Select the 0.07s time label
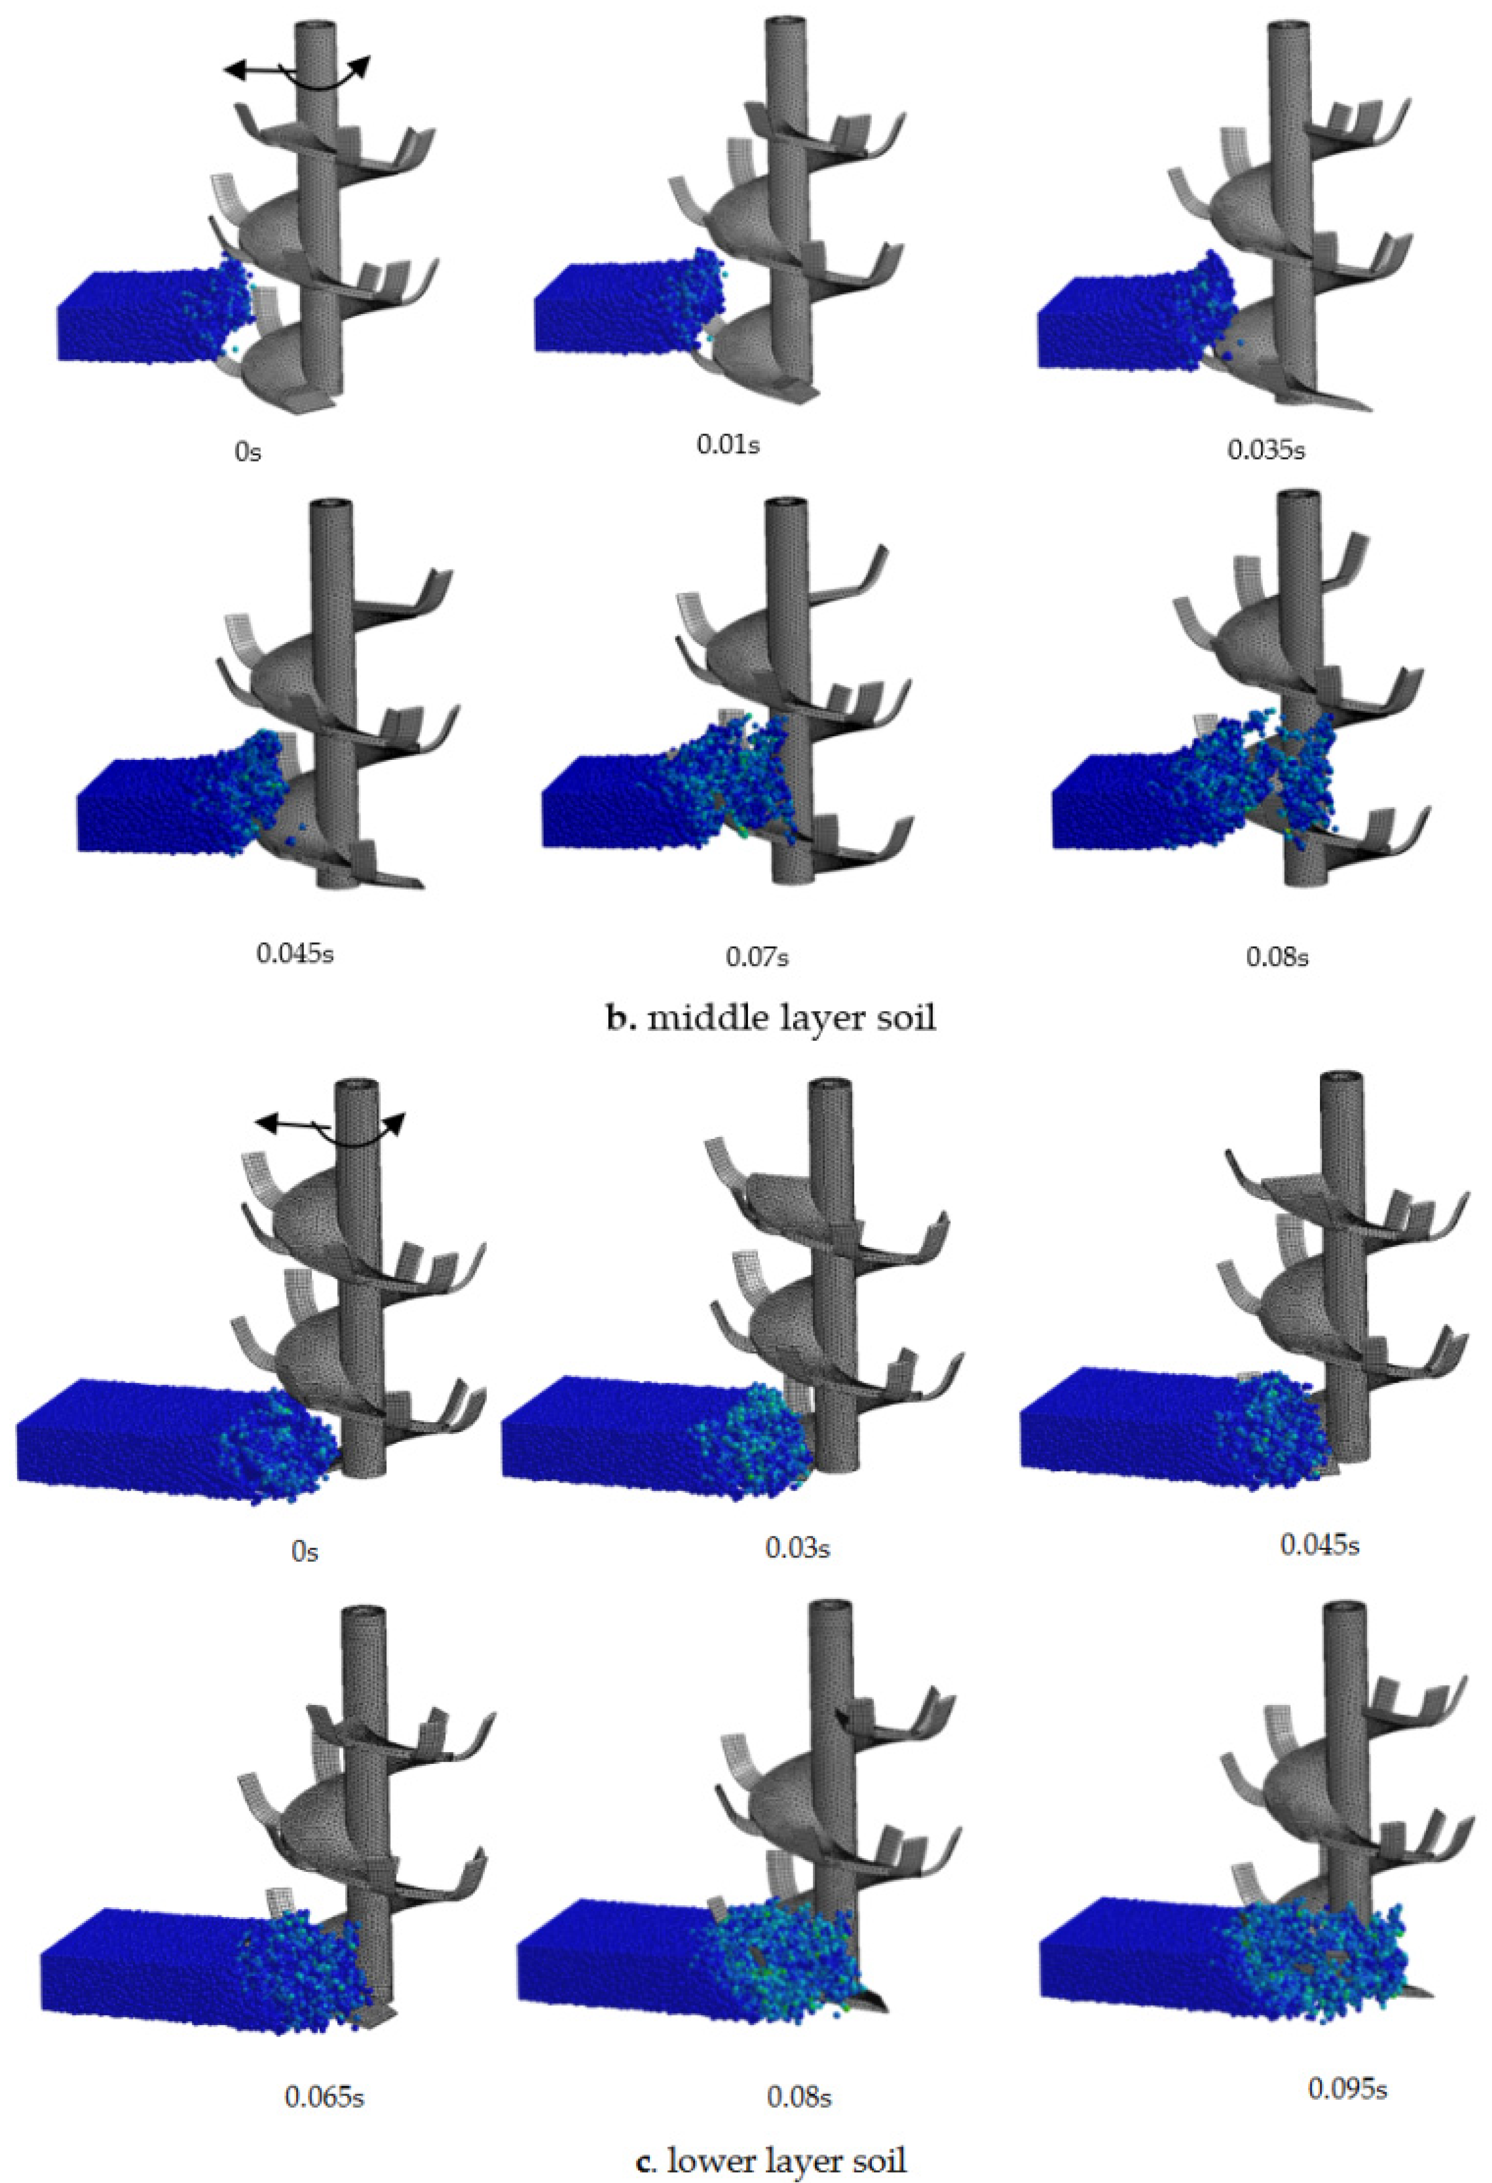pos(757,957)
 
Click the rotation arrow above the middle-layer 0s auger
pos(297,73)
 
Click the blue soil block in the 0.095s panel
pos(1221,1952)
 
